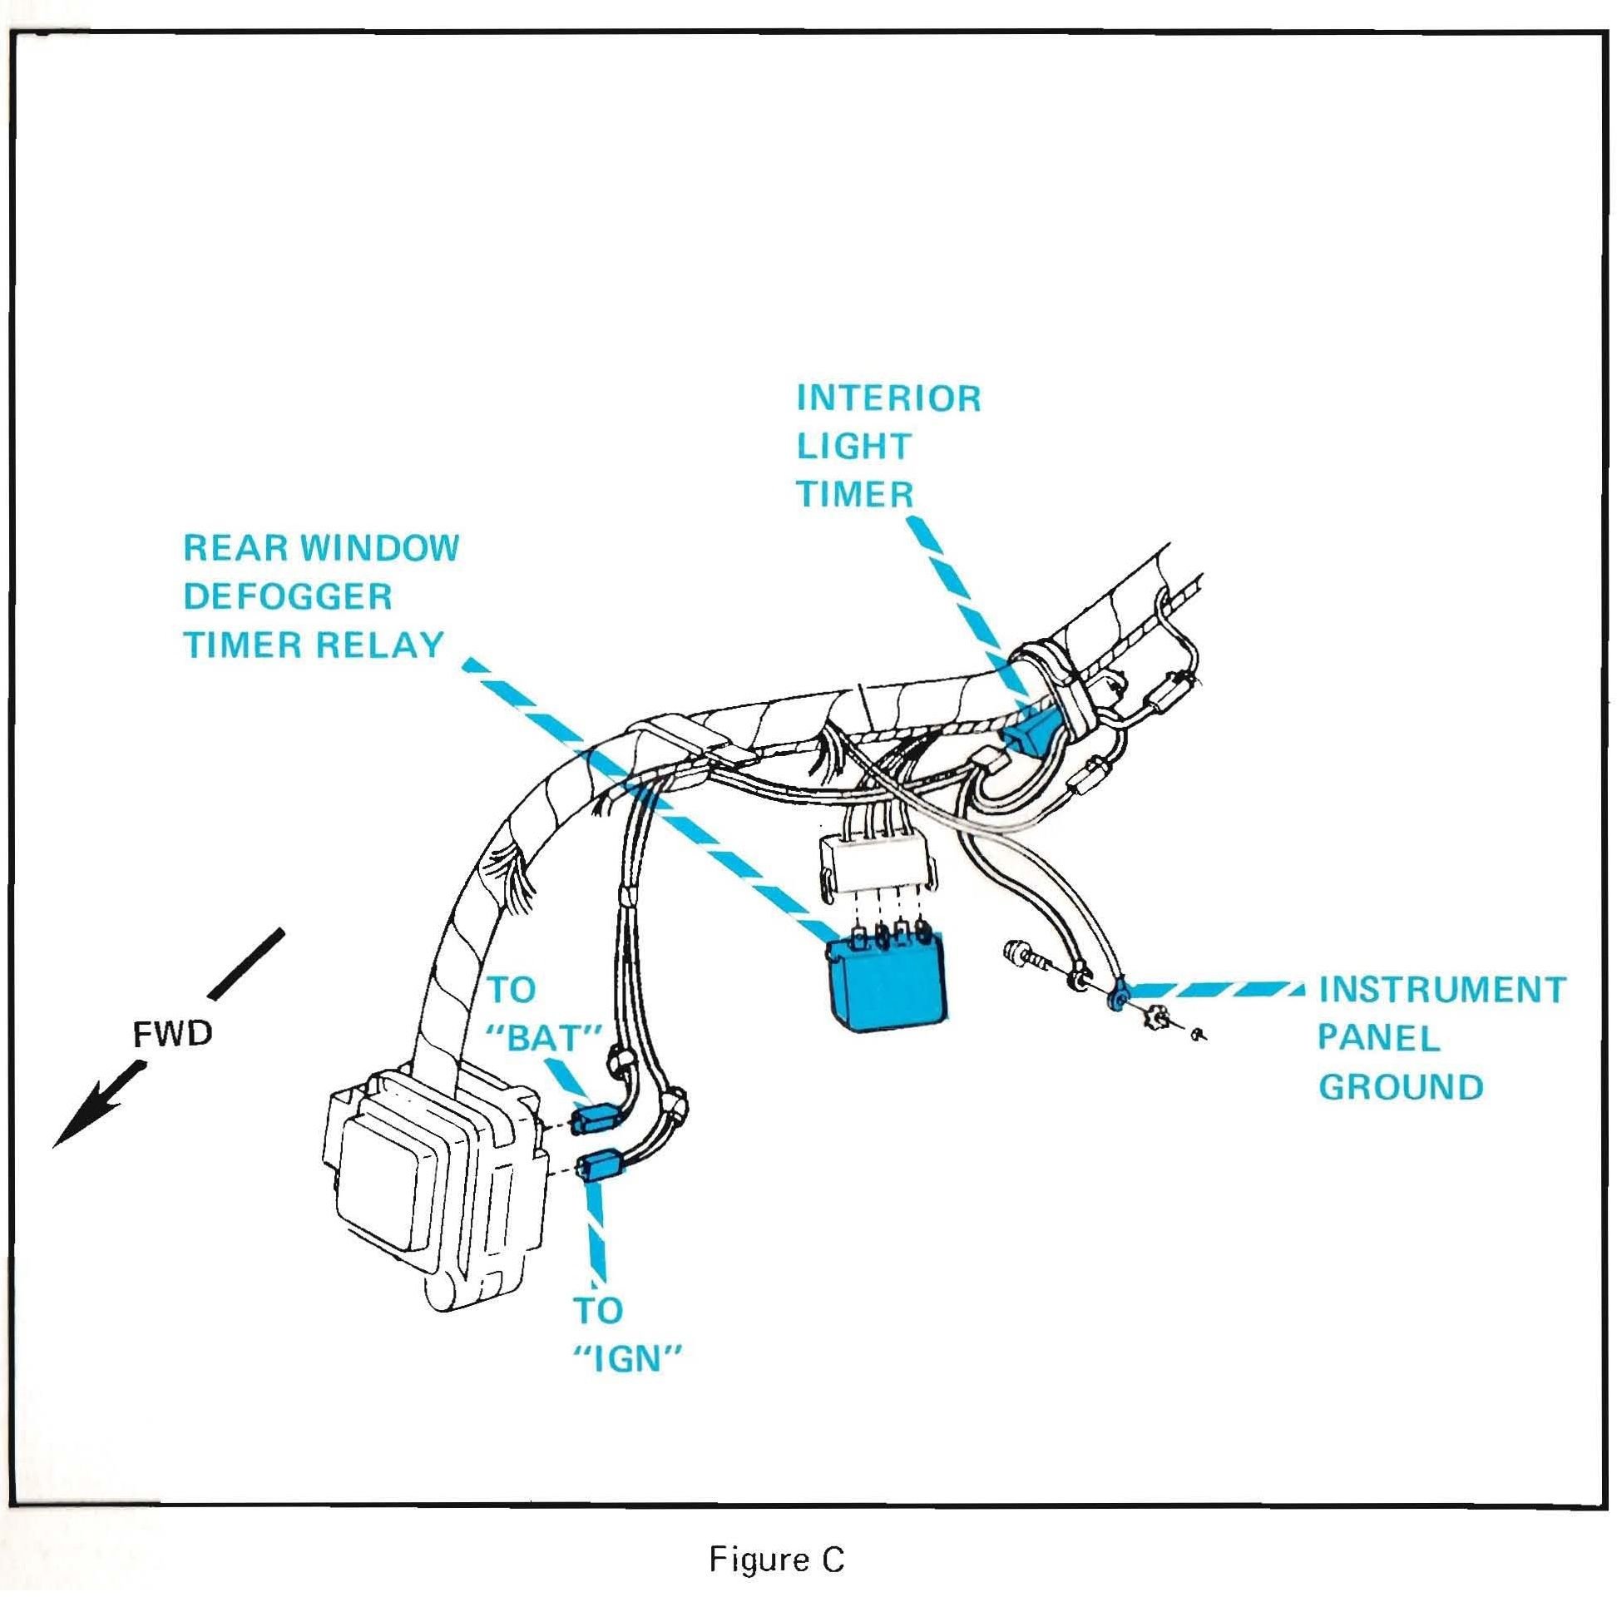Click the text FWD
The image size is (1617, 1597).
click(173, 1035)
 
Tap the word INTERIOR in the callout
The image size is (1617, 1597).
click(888, 398)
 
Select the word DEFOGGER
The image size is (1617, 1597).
click(287, 596)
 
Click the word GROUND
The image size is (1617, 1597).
click(1401, 1087)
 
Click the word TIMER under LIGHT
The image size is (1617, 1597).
click(854, 494)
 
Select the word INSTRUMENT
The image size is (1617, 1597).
click(1441, 990)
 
